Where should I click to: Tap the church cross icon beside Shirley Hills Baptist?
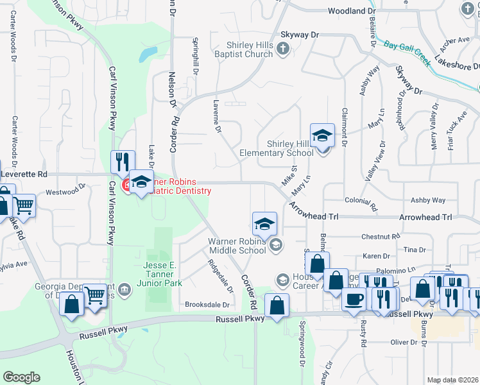[x=281, y=49]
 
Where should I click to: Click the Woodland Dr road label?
[x=351, y=12]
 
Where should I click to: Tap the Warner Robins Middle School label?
[x=236, y=246]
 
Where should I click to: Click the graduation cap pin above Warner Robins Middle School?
[x=264, y=224]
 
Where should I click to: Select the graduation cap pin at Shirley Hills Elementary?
[x=322, y=135]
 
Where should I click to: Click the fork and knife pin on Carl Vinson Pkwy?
[x=122, y=162]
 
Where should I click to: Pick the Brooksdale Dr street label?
[x=207, y=305]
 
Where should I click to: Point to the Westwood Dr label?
[x=65, y=191]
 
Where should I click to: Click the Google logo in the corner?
[x=21, y=377]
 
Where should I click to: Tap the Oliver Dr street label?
[x=404, y=343]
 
